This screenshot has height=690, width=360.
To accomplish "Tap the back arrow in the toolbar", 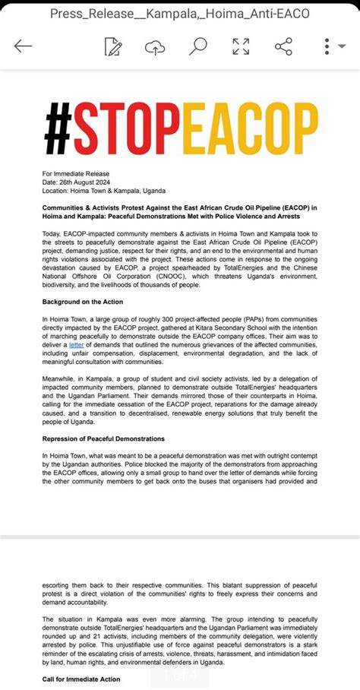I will (x=23, y=46).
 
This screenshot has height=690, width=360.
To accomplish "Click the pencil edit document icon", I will (x=113, y=46).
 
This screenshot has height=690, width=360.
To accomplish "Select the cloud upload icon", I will (x=155, y=46).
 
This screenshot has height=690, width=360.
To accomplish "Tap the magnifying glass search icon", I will (x=197, y=46).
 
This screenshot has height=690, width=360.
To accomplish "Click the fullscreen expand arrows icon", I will (x=241, y=46).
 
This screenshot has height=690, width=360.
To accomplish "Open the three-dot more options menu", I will (x=327, y=46).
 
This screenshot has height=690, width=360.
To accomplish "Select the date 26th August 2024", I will (x=92, y=182).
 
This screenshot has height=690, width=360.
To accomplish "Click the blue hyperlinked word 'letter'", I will (x=77, y=344).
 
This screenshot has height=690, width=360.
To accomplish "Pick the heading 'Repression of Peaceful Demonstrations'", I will (x=103, y=438).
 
